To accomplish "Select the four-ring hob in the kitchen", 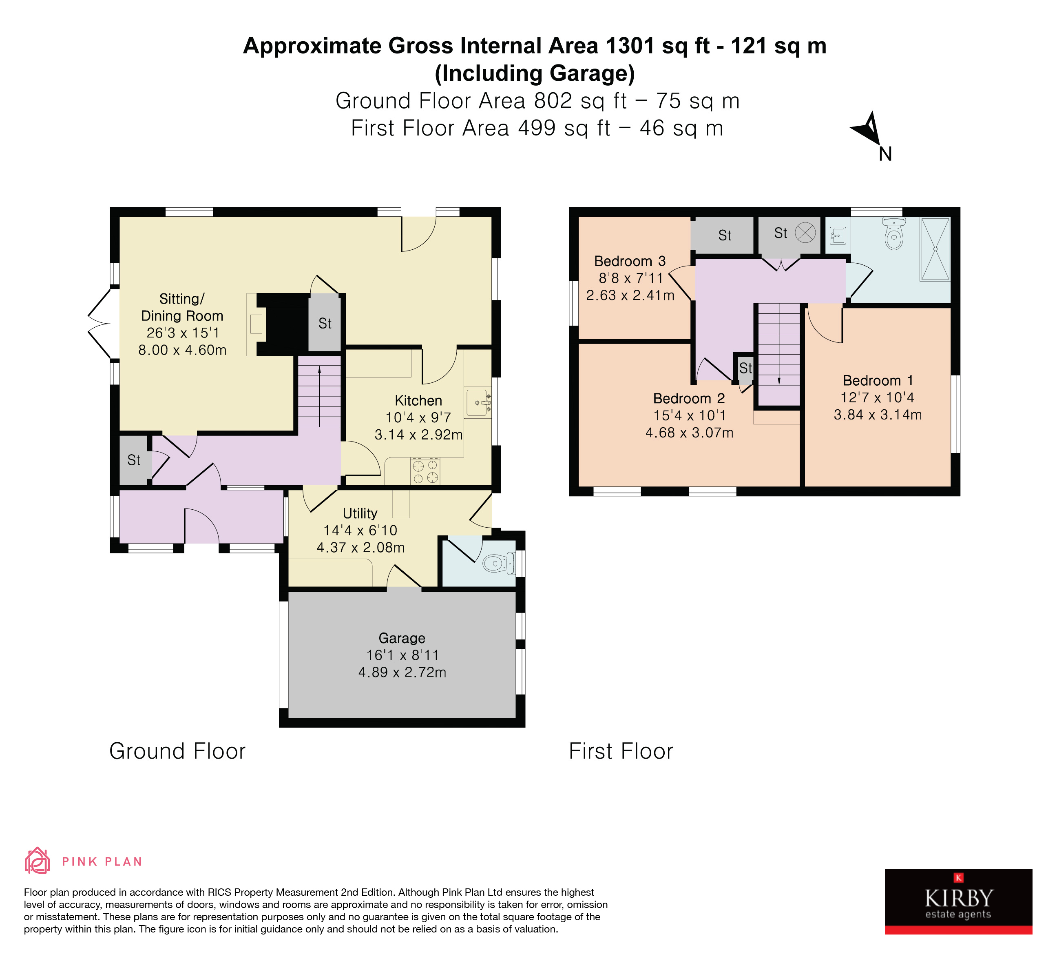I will coord(425,471).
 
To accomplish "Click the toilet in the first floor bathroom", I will coord(893,235).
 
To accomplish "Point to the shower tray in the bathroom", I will coord(935,249).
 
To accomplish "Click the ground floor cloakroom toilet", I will coord(497,564).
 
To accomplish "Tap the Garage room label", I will coord(402,638).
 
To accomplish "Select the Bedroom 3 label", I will coord(629,261).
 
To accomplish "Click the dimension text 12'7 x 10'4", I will coord(877,397).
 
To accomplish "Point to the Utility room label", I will coord(360,513).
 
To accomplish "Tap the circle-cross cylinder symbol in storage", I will coord(805,233).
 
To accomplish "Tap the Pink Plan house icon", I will coord(37,861).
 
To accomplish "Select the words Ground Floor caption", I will coord(177,751).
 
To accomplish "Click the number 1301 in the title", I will coord(630,46).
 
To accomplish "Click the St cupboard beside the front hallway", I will coord(134,460).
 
